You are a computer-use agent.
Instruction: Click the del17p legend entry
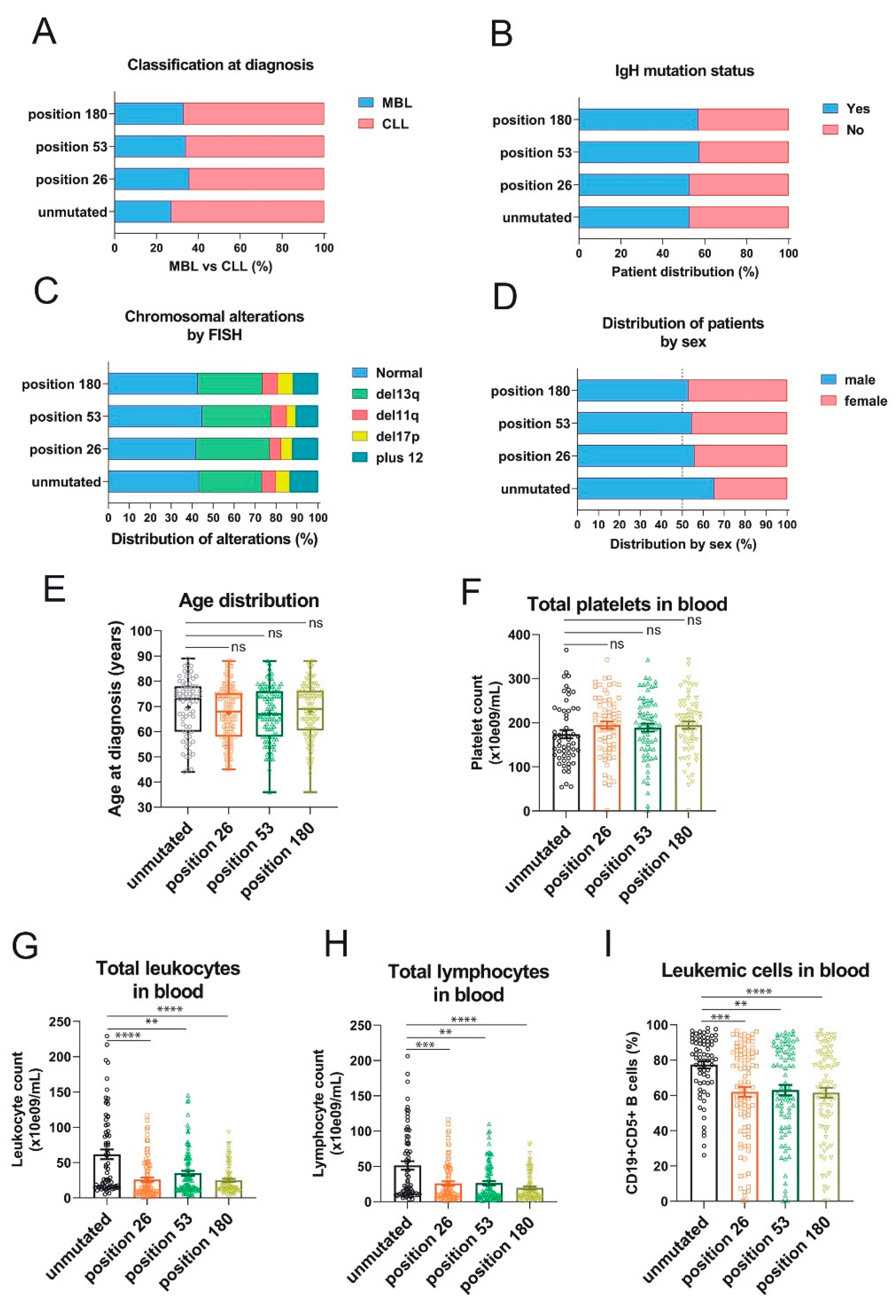[x=387, y=436]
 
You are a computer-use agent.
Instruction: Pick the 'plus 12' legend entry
[x=387, y=458]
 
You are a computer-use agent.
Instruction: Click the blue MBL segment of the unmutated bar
[x=143, y=212]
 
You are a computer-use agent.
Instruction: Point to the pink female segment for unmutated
[x=750, y=488]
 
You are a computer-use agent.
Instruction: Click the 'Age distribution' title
[x=249, y=601]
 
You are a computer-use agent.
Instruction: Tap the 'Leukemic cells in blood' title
[x=765, y=970]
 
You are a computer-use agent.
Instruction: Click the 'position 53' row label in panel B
[x=536, y=153]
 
